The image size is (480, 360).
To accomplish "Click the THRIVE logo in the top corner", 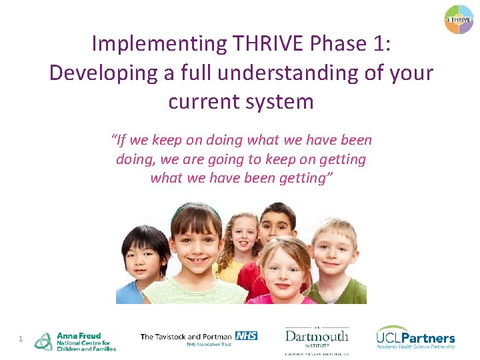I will pyautogui.click(x=459, y=19).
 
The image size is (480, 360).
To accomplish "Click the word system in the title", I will pyautogui.click(x=280, y=101).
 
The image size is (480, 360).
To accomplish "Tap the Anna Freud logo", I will pyautogui.click(x=75, y=341).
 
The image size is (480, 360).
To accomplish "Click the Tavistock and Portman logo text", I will pyautogui.click(x=187, y=337).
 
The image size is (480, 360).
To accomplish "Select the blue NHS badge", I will pyautogui.click(x=246, y=335).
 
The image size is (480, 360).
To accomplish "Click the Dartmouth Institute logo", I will pyautogui.click(x=317, y=338).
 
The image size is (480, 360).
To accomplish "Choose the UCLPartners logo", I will pyautogui.click(x=415, y=338).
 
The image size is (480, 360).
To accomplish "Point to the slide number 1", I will pyautogui.click(x=21, y=339).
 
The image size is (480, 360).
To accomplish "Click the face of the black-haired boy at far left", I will pyautogui.click(x=145, y=257).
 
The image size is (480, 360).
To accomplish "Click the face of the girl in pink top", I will pyautogui.click(x=283, y=269).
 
